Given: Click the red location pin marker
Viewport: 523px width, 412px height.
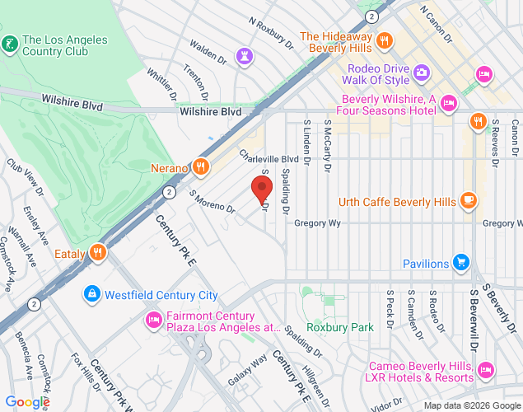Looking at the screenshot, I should [x=262, y=189].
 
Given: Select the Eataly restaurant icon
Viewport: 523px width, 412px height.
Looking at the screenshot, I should [x=98, y=253].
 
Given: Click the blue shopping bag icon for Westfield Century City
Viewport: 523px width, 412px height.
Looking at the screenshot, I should [x=91, y=294].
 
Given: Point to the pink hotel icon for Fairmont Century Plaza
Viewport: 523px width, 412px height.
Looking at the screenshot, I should [x=153, y=319].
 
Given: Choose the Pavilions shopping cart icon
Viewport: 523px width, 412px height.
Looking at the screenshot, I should [x=461, y=264].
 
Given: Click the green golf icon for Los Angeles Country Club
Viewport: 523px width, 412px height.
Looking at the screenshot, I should [x=10, y=43].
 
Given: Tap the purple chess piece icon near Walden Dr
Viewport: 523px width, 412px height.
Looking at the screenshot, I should [x=243, y=55].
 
